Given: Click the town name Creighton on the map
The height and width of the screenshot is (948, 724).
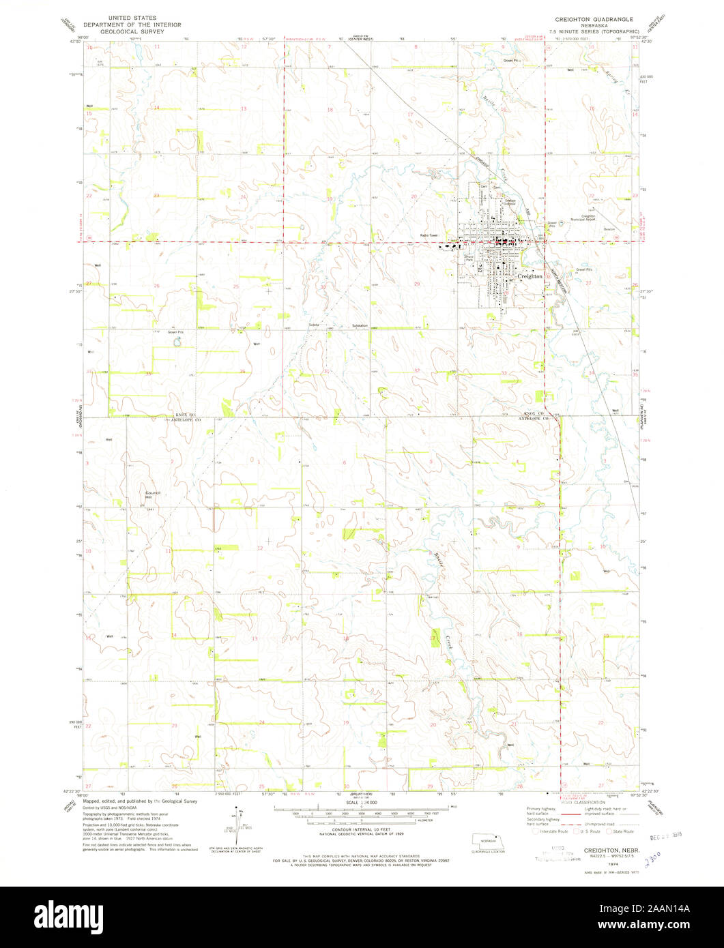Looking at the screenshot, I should [x=531, y=276].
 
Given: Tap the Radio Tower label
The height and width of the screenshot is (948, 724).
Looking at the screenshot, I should [x=429, y=236].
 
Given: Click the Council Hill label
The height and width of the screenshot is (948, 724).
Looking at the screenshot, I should [x=151, y=494].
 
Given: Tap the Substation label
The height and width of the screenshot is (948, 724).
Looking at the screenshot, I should [x=360, y=325].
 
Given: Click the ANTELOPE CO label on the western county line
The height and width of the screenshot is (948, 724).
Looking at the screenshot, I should [x=182, y=421].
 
